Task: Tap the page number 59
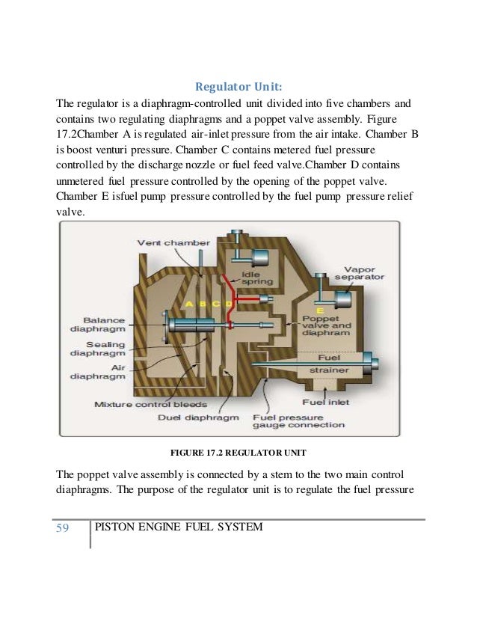[x=62, y=528]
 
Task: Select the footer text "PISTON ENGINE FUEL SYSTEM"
[x=179, y=528]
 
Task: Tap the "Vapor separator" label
[x=363, y=273]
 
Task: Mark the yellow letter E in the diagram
[x=321, y=309]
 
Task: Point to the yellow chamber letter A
[x=189, y=303]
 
